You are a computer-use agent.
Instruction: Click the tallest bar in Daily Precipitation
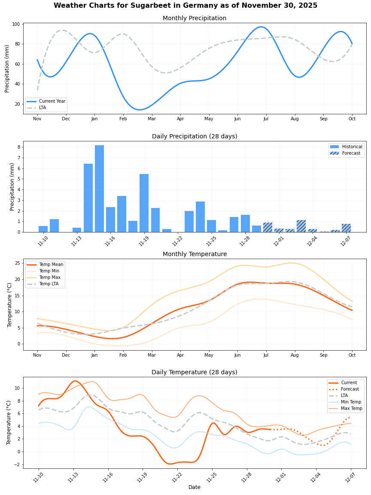click(99, 189)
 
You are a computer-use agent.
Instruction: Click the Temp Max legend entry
click(49, 278)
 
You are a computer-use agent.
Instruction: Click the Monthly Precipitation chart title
click(194, 18)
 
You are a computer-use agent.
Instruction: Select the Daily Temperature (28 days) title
click(194, 373)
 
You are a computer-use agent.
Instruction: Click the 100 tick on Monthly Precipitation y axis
click(17, 24)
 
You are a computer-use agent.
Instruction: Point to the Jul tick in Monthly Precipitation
click(266, 119)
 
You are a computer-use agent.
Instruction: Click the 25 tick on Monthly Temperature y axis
click(18, 263)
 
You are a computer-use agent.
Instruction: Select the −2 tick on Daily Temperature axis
click(17, 464)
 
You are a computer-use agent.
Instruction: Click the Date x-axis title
click(194, 487)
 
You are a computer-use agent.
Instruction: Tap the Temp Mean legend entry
click(51, 265)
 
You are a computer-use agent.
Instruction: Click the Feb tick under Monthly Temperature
click(123, 355)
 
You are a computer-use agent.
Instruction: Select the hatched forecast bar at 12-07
click(346, 228)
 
